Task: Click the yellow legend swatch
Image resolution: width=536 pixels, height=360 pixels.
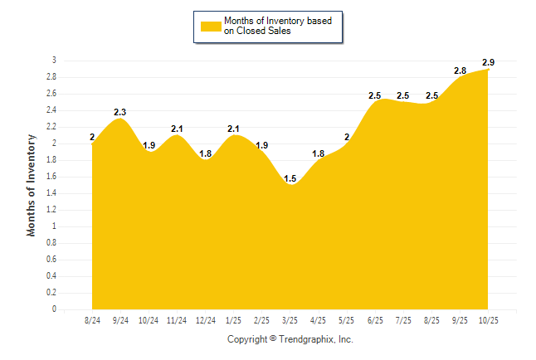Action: [x=211, y=26]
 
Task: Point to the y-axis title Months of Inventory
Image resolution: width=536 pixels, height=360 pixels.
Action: [x=32, y=185]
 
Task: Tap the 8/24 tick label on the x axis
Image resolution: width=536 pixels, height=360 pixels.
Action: [x=92, y=319]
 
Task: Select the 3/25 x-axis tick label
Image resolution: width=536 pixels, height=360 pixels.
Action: [x=290, y=319]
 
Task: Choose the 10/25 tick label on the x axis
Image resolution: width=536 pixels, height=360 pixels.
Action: [x=488, y=319]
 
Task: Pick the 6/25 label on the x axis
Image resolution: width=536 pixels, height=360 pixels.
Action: [x=375, y=319]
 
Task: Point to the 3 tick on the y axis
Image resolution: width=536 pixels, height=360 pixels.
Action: [x=54, y=61]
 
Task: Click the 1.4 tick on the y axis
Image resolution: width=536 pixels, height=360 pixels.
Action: [x=51, y=193]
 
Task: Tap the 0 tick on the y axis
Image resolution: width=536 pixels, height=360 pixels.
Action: [x=54, y=309]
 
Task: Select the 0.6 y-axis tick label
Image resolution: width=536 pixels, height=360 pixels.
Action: [x=51, y=260]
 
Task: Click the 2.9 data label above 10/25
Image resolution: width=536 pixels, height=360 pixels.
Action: [x=489, y=63]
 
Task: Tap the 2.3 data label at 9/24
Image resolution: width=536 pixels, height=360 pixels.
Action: [x=120, y=112]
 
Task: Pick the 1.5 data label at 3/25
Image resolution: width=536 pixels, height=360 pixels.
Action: [x=290, y=178]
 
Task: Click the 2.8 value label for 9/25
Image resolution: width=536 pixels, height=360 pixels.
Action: [x=460, y=71]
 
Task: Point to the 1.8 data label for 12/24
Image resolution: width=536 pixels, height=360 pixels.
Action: [x=205, y=153]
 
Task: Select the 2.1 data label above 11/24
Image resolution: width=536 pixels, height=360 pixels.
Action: [x=177, y=129]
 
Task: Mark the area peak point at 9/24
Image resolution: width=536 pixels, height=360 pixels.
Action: [x=120, y=119]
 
